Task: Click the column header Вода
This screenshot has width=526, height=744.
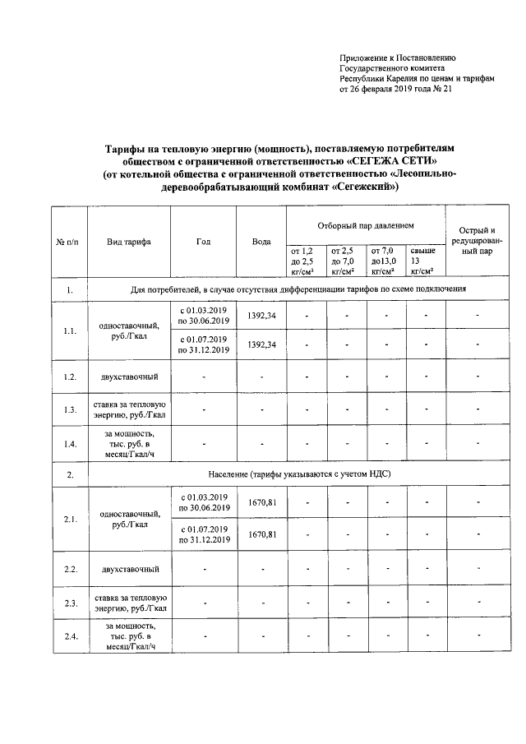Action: point(261,242)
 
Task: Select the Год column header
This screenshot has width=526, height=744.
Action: point(203,242)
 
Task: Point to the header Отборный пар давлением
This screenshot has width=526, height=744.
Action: point(366,225)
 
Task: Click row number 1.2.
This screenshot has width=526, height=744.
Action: point(70,377)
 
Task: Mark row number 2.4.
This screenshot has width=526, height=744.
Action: point(70,636)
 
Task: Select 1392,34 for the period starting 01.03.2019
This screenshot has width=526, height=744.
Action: point(261,316)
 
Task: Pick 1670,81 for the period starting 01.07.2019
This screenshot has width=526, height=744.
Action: point(261,534)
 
